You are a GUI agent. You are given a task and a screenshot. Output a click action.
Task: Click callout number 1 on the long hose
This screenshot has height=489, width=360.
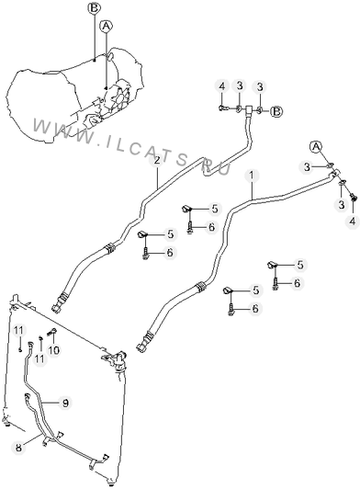point(252,176)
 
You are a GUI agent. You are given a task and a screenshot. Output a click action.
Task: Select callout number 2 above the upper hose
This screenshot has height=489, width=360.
point(157,161)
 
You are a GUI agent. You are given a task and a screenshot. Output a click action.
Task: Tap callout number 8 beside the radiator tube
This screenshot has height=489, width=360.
point(19,448)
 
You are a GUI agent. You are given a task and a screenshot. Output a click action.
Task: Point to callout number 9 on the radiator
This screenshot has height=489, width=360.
point(65,403)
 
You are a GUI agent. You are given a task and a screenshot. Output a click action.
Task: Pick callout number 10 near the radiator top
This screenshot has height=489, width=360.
point(53,350)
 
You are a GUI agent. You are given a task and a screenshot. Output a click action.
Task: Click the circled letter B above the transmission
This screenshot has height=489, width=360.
point(94,8)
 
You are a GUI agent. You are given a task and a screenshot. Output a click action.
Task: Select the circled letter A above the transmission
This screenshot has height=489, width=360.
point(106,26)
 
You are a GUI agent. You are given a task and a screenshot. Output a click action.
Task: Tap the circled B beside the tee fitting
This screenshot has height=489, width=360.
point(276,111)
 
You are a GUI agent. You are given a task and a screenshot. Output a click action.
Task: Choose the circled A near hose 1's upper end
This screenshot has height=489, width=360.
point(316,146)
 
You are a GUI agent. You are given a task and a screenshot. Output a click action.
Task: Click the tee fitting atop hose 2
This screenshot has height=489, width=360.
point(249,109)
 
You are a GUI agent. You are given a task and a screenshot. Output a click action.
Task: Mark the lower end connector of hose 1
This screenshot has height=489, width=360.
point(144,342)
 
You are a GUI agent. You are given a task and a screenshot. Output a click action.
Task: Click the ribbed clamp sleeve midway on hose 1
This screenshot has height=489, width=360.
point(200,288)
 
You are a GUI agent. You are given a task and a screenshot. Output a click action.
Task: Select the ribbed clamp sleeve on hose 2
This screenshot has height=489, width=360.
point(109,249)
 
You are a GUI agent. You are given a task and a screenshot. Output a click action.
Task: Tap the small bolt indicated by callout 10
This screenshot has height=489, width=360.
point(51,332)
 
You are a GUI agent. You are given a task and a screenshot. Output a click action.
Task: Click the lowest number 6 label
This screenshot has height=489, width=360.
point(255,309)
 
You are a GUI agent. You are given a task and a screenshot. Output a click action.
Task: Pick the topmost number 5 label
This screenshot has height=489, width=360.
point(215,209)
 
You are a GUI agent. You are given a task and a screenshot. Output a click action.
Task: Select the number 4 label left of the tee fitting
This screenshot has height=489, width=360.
point(221,86)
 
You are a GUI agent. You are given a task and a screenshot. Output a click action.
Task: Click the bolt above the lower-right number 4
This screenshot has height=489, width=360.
point(354,198)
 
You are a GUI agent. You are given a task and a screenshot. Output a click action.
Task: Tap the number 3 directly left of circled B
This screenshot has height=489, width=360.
point(260,86)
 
